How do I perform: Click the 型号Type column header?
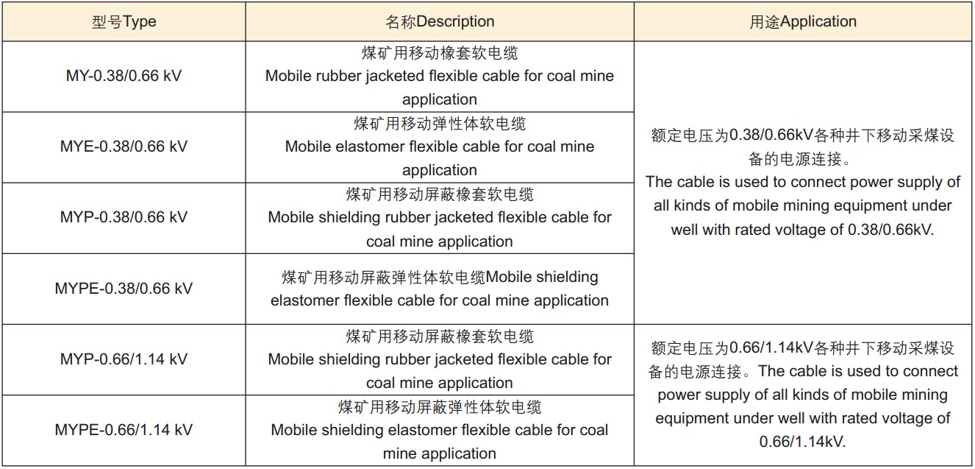pos(124,21)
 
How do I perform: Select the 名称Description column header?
pos(440,21)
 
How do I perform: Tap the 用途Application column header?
pos(803,21)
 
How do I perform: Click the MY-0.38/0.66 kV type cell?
pos(124,76)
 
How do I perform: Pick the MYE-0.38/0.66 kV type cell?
pos(124,147)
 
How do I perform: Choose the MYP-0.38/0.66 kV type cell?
pos(124,217)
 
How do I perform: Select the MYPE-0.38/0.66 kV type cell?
pos(124,288)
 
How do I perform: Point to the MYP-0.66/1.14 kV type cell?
pos(124,359)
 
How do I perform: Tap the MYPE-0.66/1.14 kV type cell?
pos(124,430)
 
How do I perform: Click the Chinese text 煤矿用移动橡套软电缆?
pos(440,53)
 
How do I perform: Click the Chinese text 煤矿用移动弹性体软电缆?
pos(440,124)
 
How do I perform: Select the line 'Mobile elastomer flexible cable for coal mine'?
pos(440,147)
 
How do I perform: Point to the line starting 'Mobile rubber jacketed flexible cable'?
pos(440,76)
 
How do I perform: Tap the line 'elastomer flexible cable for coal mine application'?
pos(440,300)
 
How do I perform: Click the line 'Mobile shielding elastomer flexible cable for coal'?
pos(440,430)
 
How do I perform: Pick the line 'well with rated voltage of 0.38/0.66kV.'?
pos(803,229)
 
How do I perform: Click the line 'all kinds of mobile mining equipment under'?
pos(803,205)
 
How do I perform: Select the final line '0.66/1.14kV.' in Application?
pos(803,442)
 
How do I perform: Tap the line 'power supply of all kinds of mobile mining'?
pos(803,395)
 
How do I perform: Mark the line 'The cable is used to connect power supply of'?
pos(803,182)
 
